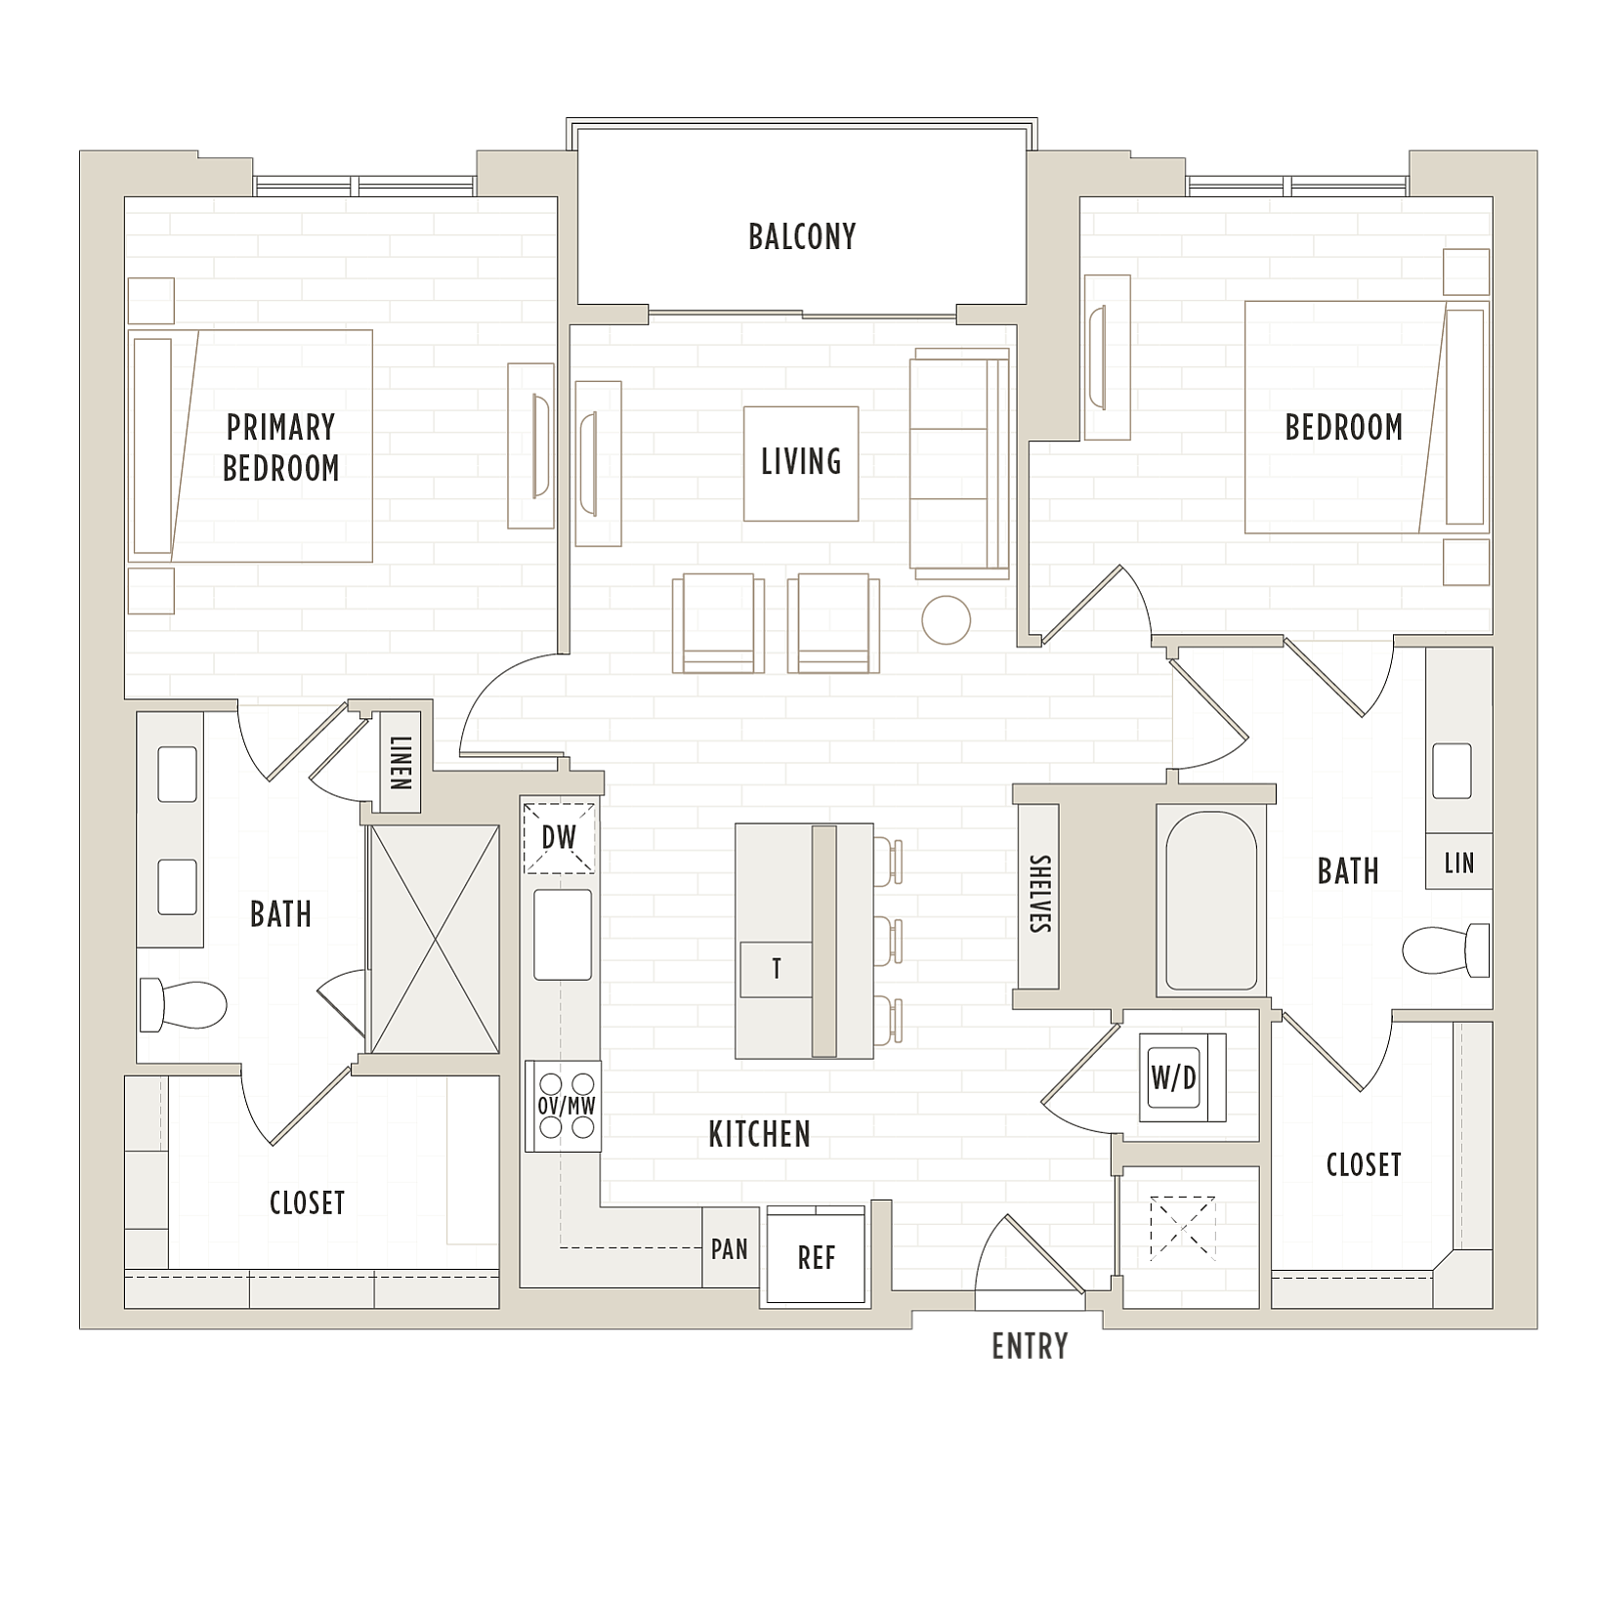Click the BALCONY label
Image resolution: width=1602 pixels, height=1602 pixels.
click(801, 237)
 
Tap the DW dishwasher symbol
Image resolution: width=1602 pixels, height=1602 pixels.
click(560, 837)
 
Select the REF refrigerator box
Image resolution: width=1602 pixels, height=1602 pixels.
click(817, 1256)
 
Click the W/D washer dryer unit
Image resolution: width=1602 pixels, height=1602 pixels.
click(1182, 1076)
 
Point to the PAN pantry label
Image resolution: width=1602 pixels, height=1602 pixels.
click(730, 1249)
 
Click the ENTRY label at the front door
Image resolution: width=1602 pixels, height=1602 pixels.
click(1030, 1347)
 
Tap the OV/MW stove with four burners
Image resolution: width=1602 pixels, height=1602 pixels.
click(564, 1106)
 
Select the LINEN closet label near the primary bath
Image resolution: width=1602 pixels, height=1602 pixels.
click(400, 763)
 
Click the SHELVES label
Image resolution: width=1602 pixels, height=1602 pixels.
click(1038, 894)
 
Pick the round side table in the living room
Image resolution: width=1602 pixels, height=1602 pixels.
click(946, 620)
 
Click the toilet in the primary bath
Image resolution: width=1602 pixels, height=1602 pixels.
click(183, 1004)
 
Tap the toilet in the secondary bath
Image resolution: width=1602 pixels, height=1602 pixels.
click(1446, 950)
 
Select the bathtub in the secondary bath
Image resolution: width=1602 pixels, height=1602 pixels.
click(1206, 900)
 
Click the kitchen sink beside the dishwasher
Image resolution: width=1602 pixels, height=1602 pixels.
click(563, 935)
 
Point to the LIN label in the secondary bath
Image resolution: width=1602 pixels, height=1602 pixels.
click(1459, 863)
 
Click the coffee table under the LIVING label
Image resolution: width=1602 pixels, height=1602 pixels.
click(801, 464)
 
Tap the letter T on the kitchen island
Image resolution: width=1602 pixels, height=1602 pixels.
click(777, 969)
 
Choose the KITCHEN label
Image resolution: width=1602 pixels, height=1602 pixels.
click(759, 1135)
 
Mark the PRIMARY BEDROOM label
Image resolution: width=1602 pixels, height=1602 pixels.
click(281, 448)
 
